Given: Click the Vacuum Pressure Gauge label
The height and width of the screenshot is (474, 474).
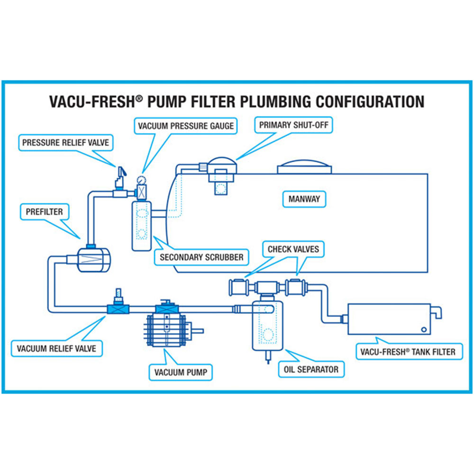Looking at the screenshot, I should [x=186, y=127].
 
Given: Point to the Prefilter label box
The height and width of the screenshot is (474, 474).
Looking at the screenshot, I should [x=44, y=212].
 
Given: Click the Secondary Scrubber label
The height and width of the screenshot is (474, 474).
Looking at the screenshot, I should [x=201, y=257].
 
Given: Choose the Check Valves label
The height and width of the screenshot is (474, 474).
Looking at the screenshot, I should [x=293, y=249].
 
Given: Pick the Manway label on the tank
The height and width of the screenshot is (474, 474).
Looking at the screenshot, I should [x=304, y=199].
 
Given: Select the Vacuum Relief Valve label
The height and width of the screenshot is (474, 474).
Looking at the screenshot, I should [x=56, y=349].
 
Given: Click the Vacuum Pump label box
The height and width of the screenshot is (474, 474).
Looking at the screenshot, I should [x=181, y=372].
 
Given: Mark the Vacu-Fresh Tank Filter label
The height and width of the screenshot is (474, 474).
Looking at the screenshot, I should [x=408, y=352].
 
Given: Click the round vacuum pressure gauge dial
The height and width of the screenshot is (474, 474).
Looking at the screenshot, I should [x=140, y=180].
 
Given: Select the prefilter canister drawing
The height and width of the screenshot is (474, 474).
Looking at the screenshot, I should [x=93, y=259].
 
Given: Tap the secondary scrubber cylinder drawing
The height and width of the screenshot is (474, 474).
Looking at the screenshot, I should [x=141, y=225].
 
